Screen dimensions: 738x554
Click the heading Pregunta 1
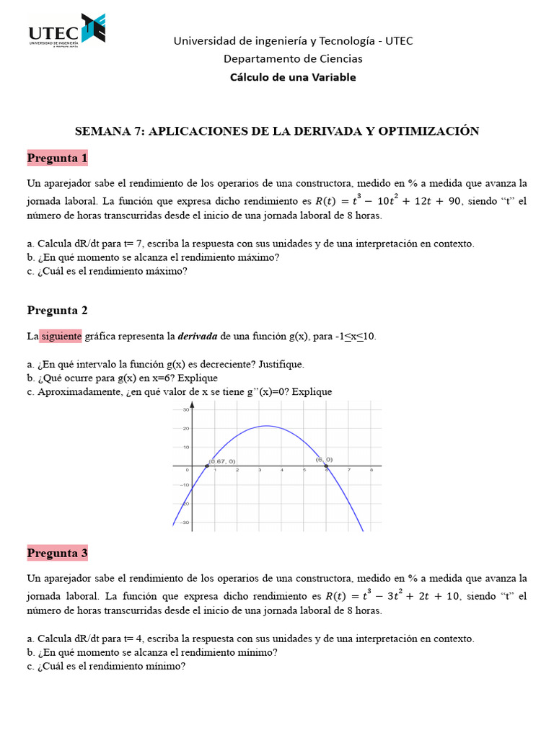tap(57, 158)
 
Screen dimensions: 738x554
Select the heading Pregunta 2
tap(57, 310)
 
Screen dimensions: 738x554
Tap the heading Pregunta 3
tap(57, 553)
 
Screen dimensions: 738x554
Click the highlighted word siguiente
tap(61, 337)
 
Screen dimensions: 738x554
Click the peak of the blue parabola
tap(266, 426)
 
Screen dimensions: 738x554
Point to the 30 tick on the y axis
tap(185, 410)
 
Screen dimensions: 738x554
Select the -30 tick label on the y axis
tap(185, 523)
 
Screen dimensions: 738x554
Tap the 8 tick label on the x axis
tap(371, 471)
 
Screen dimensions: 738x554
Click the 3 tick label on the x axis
tap(260, 471)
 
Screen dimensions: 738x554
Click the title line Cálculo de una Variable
tap(293, 77)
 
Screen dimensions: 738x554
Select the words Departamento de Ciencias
tap(293, 58)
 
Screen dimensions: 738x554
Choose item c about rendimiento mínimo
tap(106, 667)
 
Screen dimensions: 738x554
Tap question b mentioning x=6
tap(122, 378)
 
